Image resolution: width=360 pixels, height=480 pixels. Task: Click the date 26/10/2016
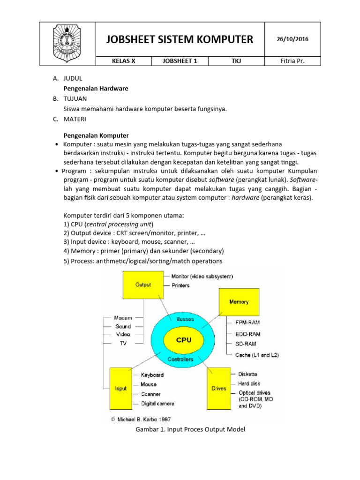point(292,39)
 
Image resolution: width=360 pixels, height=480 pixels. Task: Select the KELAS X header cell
point(124,61)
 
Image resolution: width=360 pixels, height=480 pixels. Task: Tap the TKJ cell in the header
point(236,61)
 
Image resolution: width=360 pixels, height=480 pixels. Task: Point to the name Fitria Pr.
point(292,61)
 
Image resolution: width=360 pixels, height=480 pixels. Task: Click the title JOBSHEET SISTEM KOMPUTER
point(180,39)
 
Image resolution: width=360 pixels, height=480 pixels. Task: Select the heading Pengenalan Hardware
point(96,88)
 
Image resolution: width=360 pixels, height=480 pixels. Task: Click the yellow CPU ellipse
point(183,340)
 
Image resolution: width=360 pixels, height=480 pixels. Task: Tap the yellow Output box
point(143,285)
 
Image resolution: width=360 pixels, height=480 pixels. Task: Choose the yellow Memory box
point(239,301)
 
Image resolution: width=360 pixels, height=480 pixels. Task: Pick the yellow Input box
point(121,389)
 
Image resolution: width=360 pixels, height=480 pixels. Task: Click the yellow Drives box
point(218,389)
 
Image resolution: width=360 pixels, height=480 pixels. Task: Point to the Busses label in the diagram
point(185,319)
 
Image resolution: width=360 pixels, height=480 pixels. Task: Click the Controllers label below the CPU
point(180,360)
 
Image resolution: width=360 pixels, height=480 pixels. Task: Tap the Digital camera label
point(157,404)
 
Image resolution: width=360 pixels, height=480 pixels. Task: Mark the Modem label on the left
point(123,318)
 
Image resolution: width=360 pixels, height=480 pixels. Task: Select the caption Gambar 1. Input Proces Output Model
point(190,429)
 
